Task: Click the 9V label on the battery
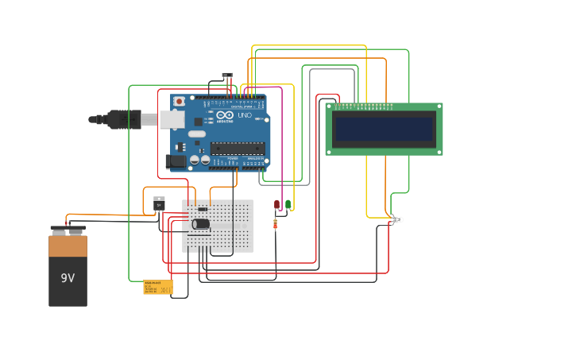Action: (68, 278)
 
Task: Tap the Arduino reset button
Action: (180, 102)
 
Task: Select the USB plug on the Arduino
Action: (119, 119)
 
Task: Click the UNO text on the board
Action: (243, 116)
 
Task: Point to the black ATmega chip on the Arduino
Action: (237, 148)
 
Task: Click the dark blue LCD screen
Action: (384, 129)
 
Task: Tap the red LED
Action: (276, 204)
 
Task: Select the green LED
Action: (288, 204)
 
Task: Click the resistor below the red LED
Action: (276, 224)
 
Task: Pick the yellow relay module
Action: (157, 287)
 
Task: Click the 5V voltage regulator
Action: (159, 204)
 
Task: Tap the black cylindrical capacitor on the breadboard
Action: (201, 224)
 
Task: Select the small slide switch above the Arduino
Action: (227, 75)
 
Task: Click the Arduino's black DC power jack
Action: (177, 161)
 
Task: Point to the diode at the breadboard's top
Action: (203, 209)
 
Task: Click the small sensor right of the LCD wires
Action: (397, 219)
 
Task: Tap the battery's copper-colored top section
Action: (68, 246)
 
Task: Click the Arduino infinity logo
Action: (224, 115)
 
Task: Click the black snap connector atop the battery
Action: (68, 230)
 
